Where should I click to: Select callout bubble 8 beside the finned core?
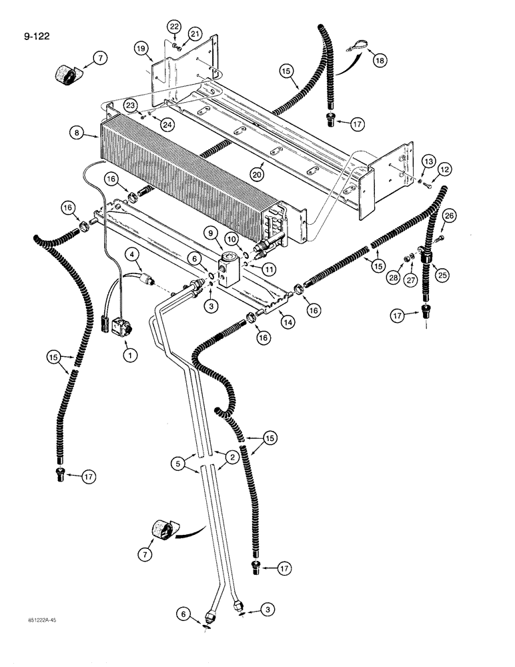point(79,133)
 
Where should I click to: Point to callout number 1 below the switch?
point(130,356)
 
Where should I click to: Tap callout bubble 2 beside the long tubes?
point(231,457)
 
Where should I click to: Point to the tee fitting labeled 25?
point(424,254)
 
